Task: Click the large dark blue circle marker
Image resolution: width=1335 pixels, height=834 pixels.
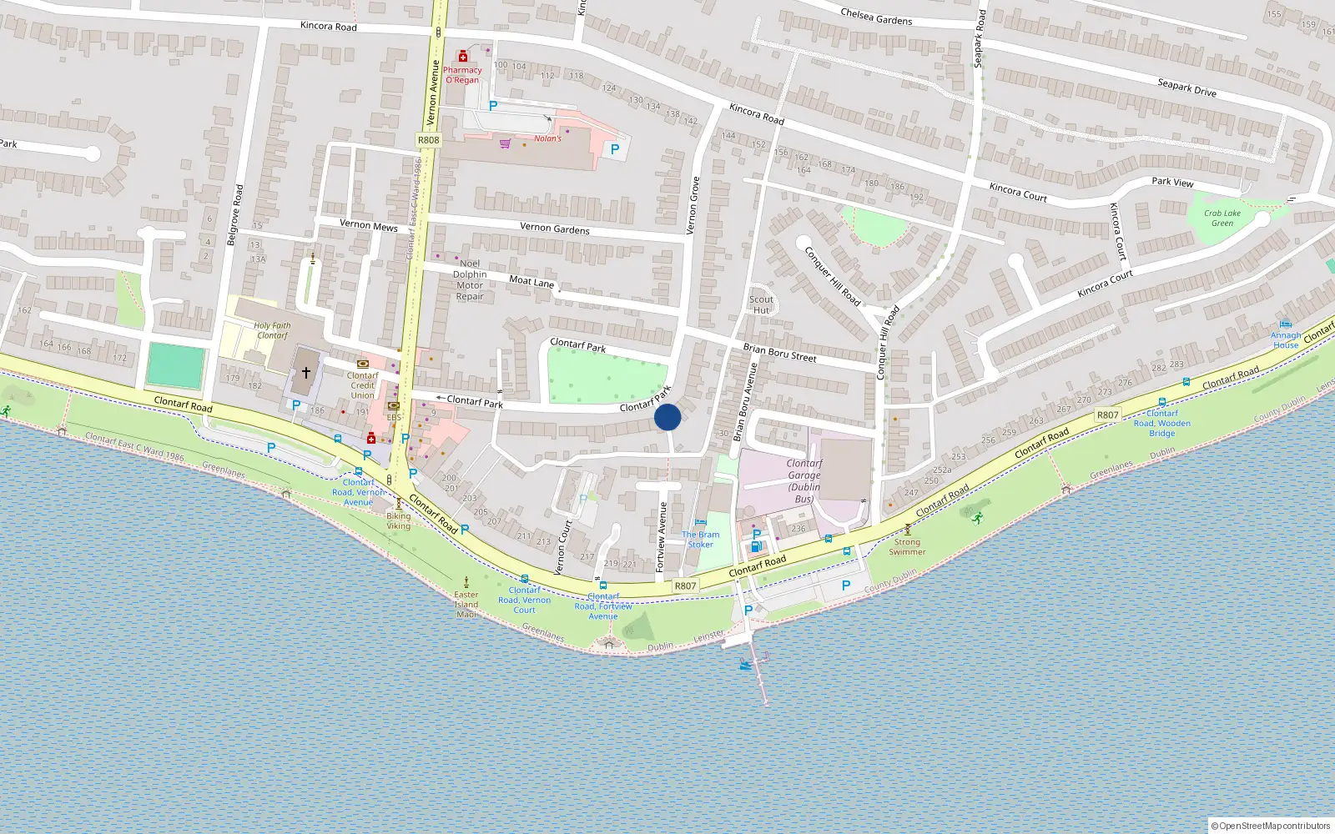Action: click(x=667, y=417)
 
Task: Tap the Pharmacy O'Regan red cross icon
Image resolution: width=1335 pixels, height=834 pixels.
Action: click(x=463, y=57)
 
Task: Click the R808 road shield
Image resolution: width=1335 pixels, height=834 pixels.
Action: click(x=428, y=140)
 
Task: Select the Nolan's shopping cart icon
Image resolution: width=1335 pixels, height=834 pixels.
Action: click(x=505, y=144)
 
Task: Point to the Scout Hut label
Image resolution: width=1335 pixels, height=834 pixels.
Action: click(x=761, y=304)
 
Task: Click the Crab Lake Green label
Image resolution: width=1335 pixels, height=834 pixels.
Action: click(x=1222, y=218)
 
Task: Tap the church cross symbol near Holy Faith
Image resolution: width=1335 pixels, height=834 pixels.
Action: click(x=306, y=373)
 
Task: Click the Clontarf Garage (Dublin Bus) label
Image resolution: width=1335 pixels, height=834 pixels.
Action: click(x=804, y=481)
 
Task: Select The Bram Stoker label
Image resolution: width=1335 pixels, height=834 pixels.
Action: click(x=700, y=540)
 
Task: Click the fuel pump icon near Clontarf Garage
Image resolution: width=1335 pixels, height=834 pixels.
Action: click(x=756, y=547)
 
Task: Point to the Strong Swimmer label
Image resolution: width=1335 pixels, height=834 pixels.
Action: click(x=907, y=546)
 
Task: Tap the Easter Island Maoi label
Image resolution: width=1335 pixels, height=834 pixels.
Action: click(x=466, y=605)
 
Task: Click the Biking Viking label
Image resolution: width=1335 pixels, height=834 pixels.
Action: click(x=398, y=520)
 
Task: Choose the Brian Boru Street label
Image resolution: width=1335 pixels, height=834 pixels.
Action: click(x=779, y=353)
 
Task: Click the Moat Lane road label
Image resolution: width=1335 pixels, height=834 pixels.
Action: click(x=531, y=282)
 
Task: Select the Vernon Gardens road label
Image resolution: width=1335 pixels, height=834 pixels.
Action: click(x=554, y=229)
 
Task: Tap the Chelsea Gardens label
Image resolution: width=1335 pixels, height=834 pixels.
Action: click(x=876, y=16)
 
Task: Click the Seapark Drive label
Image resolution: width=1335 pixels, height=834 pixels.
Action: click(x=1186, y=88)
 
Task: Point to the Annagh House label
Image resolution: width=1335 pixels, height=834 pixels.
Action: click(x=1286, y=339)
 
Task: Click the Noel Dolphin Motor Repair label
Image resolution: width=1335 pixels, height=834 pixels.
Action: click(x=470, y=279)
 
